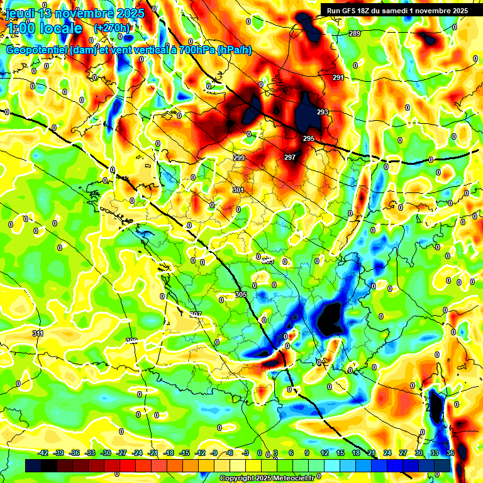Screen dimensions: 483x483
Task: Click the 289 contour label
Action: [x=355, y=33]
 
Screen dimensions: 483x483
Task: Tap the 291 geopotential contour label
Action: [x=338, y=77]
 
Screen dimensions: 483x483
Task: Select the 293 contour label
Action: [x=323, y=112]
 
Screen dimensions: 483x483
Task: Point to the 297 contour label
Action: [x=290, y=157]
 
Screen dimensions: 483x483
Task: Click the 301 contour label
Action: [x=238, y=190]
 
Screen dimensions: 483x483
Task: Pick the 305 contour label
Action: [x=241, y=294]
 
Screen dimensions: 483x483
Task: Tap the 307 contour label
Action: [x=195, y=314]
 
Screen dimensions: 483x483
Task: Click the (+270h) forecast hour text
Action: [x=112, y=28]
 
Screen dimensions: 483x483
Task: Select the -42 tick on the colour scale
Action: [x=43, y=453]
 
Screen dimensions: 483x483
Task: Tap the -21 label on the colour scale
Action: [x=153, y=453]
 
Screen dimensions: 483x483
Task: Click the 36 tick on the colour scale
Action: [x=450, y=453]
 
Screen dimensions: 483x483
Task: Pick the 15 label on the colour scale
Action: [x=340, y=453]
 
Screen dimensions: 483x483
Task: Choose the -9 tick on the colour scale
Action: [x=214, y=453]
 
